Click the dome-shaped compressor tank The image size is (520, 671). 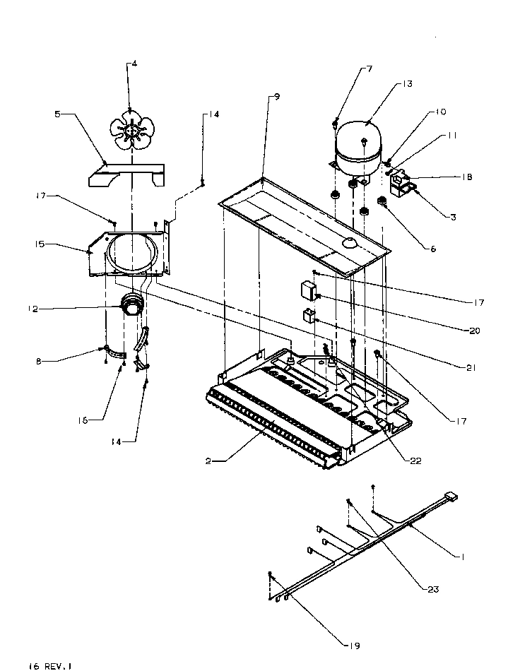click(x=362, y=146)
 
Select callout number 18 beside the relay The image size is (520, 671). click(x=468, y=177)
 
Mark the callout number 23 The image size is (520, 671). click(x=433, y=589)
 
